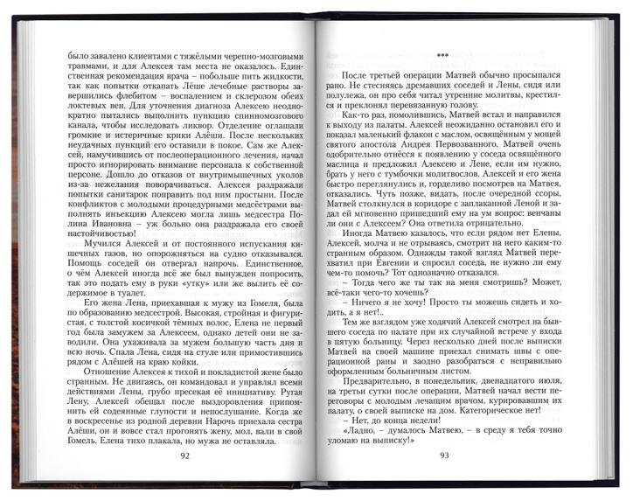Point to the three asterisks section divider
click(x=444, y=53)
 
